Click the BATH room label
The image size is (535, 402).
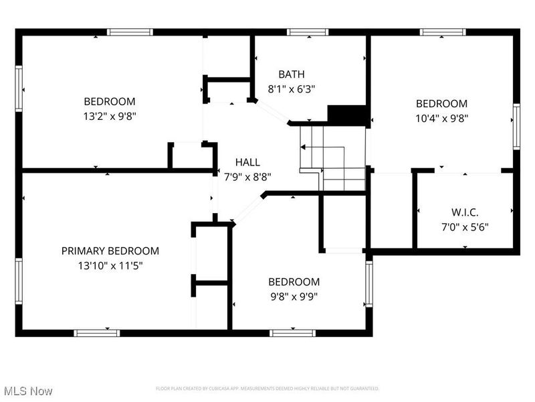(291, 74)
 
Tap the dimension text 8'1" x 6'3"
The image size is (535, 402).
(291, 88)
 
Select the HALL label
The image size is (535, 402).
(247, 162)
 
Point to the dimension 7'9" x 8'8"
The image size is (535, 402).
(247, 177)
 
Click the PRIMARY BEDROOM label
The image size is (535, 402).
(110, 251)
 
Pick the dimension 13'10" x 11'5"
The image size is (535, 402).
(110, 265)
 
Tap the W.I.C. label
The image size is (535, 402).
(465, 212)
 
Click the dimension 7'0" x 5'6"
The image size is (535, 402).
(465, 226)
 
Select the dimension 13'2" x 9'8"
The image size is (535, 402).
(110, 116)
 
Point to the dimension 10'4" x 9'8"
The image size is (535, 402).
(441, 118)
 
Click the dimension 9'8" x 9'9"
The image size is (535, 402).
(294, 295)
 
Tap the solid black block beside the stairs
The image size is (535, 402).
(348, 115)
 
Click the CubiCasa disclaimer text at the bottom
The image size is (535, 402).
(267, 389)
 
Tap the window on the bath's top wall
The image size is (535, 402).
(307, 31)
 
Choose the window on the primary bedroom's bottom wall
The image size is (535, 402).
(97, 332)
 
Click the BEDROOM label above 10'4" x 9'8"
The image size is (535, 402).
(441, 104)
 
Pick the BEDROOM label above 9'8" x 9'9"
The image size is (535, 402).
(294, 281)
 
